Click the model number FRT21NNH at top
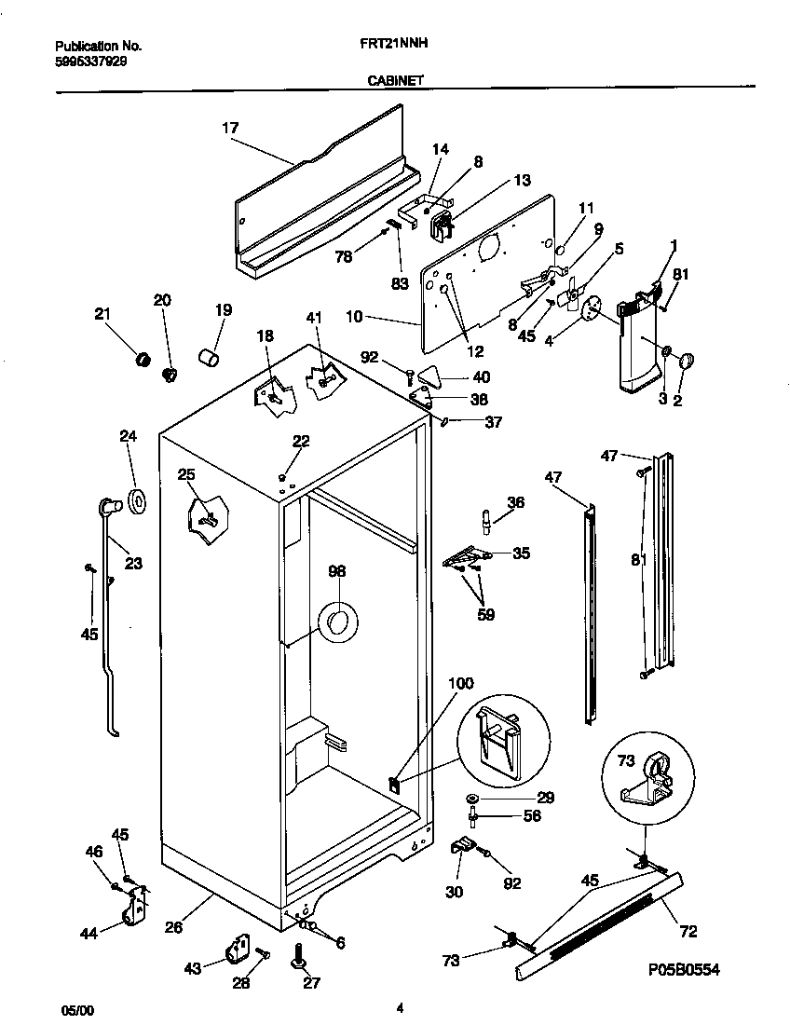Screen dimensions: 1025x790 tap(388, 44)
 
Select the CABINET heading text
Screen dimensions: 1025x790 tap(395, 81)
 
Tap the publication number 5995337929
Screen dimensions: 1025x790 tap(91, 61)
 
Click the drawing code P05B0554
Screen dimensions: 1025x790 tap(684, 970)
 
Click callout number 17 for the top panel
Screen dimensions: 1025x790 tap(230, 130)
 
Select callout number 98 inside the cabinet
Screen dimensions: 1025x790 tap(337, 571)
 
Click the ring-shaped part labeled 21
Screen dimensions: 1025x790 tap(143, 359)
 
